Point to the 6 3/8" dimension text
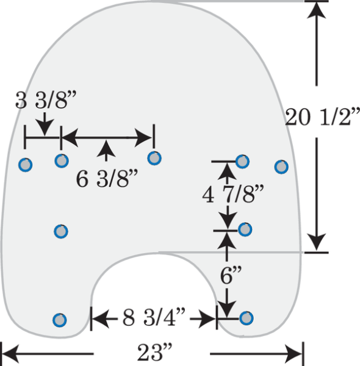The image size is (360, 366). point(107,179)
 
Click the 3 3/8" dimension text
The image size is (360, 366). point(46,100)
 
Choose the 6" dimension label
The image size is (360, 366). point(231,276)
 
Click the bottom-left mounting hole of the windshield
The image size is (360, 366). point(60,320)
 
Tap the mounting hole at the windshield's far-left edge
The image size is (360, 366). point(25,165)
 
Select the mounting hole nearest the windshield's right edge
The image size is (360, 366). point(281,167)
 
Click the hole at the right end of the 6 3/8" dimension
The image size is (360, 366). point(154,158)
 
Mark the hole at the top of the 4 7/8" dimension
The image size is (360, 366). point(242,161)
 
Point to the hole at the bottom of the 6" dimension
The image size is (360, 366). point(246,318)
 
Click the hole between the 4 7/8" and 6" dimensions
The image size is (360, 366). point(245,229)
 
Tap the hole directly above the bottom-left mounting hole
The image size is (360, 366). point(61,231)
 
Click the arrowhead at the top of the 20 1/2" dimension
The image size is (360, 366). point(316,10)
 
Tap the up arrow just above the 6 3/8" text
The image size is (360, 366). point(106,151)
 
